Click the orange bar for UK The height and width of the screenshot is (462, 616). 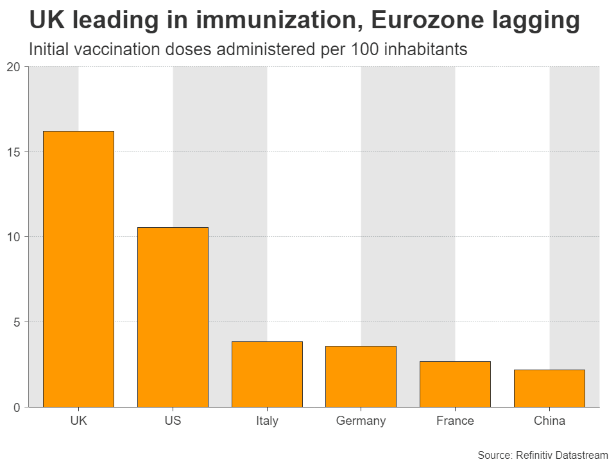(x=78, y=269)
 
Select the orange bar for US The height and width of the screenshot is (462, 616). (x=173, y=317)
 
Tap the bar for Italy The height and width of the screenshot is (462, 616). (x=267, y=374)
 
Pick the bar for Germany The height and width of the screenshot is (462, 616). (x=361, y=376)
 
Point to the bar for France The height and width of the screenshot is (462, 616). (x=455, y=384)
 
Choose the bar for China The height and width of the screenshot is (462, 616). (x=549, y=388)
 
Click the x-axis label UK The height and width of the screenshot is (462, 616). (x=78, y=422)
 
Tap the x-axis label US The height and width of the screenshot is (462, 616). (x=173, y=422)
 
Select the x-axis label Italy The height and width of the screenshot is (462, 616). (x=267, y=422)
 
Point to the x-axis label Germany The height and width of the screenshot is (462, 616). (x=361, y=422)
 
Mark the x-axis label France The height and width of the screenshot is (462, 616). (x=455, y=422)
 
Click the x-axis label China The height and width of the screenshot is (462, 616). (x=549, y=422)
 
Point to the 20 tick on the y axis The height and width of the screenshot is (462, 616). (x=13, y=67)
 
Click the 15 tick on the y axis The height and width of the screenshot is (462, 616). (x=13, y=152)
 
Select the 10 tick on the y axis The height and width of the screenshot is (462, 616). (x=13, y=237)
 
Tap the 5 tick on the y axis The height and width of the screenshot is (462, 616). (x=17, y=322)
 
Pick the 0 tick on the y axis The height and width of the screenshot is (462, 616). (x=17, y=407)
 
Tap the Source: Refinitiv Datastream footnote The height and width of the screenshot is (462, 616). (x=542, y=455)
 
